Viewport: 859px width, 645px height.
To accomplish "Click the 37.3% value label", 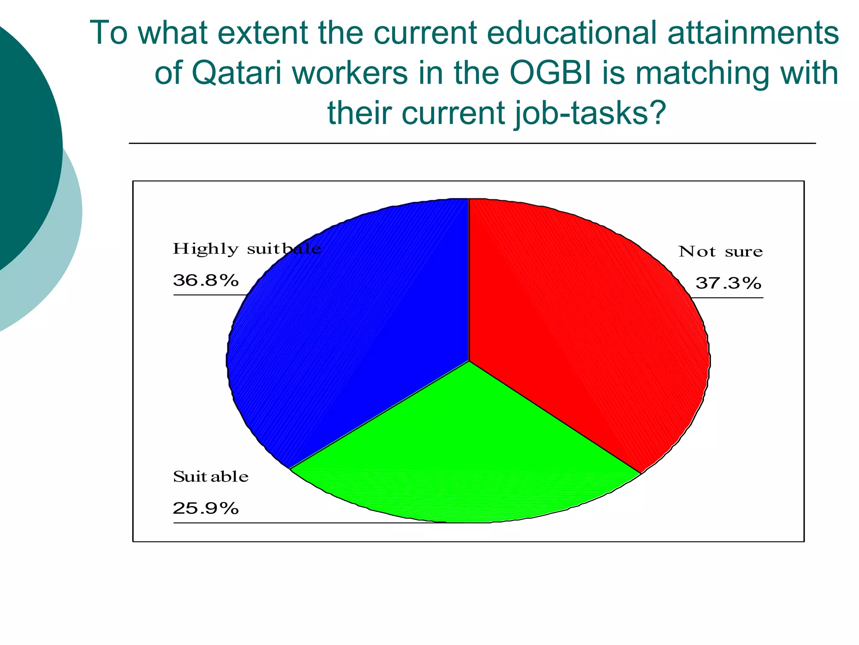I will click(728, 283).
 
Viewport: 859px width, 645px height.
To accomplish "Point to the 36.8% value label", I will click(206, 280).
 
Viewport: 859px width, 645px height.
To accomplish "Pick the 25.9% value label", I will click(206, 509).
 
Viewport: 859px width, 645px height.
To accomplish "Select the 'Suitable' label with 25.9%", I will click(211, 477).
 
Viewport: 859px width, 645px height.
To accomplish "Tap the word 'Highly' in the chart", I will click(206, 249).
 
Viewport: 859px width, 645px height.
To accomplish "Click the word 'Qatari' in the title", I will click(236, 73).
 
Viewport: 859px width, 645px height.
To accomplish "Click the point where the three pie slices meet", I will click(469, 361).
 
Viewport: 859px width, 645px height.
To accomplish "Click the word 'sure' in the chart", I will click(744, 252).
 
